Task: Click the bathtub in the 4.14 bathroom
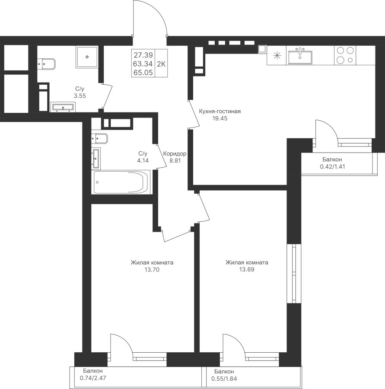[121, 182]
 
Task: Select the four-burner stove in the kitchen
[345, 55]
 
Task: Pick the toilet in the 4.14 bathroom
[99, 139]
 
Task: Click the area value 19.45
[220, 118]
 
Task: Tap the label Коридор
[175, 154]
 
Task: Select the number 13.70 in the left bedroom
[152, 269]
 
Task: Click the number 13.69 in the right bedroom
[247, 269]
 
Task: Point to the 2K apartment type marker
[161, 64]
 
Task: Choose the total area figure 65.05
[143, 73]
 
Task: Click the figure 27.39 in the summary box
[143, 55]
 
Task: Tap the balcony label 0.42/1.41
[332, 167]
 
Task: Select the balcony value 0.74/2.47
[92, 379]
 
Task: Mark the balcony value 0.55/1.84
[224, 379]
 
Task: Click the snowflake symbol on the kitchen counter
[277, 56]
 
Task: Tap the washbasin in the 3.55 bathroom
[63, 107]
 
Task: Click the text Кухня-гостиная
[220, 112]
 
